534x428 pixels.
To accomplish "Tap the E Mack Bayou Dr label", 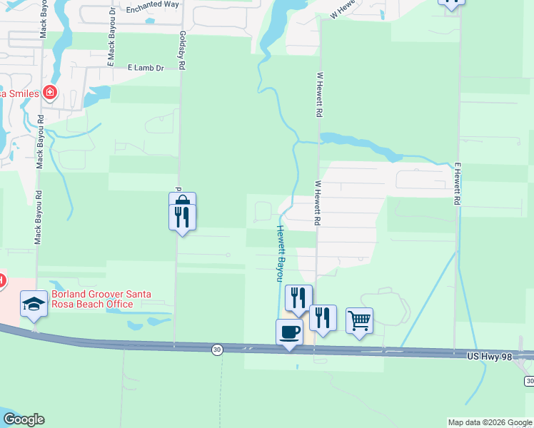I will (x=111, y=47).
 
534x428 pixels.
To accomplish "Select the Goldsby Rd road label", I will (x=183, y=50).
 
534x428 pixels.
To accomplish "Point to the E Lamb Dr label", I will (x=146, y=68).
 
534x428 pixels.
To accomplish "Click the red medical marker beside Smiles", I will (x=49, y=92).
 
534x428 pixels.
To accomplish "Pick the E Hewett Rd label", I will (x=457, y=183).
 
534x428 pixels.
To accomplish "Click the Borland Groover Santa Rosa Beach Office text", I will (x=91, y=300).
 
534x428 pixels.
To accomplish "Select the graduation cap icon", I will (x=34, y=305).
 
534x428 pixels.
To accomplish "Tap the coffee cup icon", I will (x=289, y=332).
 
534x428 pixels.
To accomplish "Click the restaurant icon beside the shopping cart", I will (x=323, y=317).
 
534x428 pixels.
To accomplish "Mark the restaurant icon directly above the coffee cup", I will (x=298, y=297).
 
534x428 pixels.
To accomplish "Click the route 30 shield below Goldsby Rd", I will (x=217, y=349).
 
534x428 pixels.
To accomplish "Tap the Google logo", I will (x=24, y=419).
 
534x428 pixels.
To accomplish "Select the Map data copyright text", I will (x=490, y=422).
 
